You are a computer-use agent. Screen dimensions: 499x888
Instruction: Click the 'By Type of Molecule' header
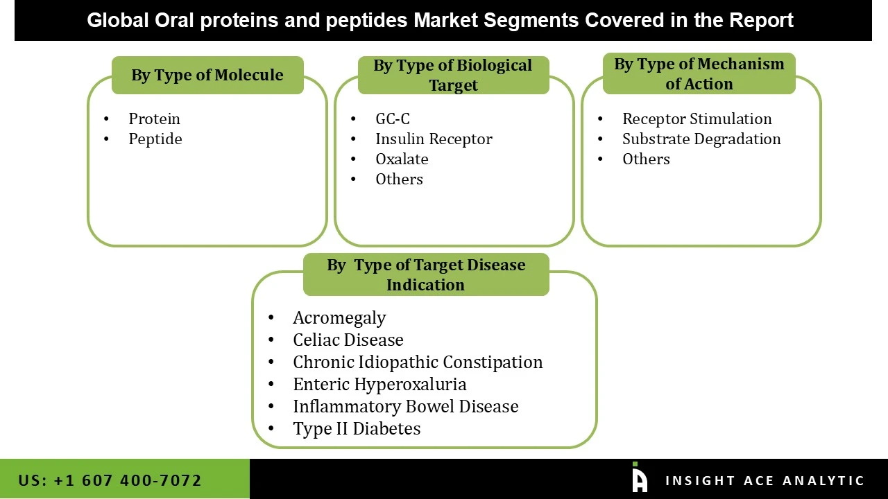pyautogui.click(x=207, y=75)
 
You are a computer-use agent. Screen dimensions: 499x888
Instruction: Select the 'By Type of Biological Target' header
pyautogui.click(x=453, y=75)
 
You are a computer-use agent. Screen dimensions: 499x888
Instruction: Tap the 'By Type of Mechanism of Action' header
pyautogui.click(x=699, y=73)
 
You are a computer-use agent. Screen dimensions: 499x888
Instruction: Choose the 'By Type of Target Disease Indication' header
pyautogui.click(x=426, y=274)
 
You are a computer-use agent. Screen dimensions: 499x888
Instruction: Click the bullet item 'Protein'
pyautogui.click(x=154, y=119)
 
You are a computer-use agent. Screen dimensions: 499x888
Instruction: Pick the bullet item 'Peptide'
pyautogui.click(x=155, y=139)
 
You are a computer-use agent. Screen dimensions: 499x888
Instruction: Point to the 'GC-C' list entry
pyautogui.click(x=393, y=119)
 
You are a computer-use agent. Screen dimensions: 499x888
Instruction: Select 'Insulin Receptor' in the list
pyautogui.click(x=434, y=139)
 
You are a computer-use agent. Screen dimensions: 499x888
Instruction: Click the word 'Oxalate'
pyautogui.click(x=402, y=159)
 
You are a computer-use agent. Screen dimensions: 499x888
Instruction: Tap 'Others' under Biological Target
pyautogui.click(x=399, y=180)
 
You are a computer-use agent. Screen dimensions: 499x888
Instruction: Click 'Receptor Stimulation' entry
pyautogui.click(x=697, y=119)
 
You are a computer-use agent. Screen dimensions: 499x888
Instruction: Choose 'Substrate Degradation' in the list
pyautogui.click(x=701, y=139)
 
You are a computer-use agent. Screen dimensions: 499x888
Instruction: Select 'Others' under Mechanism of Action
pyautogui.click(x=646, y=159)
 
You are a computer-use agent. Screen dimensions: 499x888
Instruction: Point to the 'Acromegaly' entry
pyautogui.click(x=339, y=318)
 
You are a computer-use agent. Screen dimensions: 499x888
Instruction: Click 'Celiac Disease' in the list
pyautogui.click(x=348, y=340)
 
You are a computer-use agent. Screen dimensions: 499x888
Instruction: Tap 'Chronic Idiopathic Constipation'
pyautogui.click(x=418, y=362)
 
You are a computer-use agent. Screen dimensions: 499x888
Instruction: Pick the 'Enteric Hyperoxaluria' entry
pyautogui.click(x=379, y=385)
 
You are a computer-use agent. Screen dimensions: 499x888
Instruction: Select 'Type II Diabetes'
pyautogui.click(x=357, y=429)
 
